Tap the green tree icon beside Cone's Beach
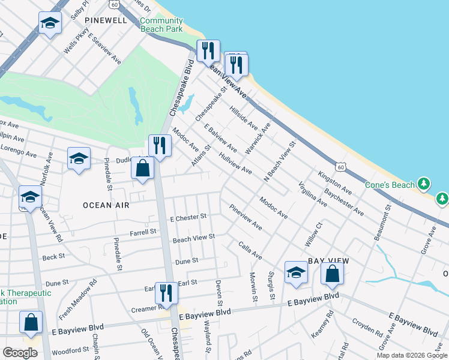pyautogui.click(x=424, y=183)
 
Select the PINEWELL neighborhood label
pyautogui.click(x=106, y=20)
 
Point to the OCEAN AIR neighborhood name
pyautogui.click(x=106, y=205)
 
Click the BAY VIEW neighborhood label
pyautogui.click(x=328, y=261)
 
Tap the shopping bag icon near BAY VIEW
pyautogui.click(x=332, y=274)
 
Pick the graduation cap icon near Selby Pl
pyautogui.click(x=50, y=24)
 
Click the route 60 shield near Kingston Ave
pyautogui.click(x=340, y=164)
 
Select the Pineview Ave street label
pyautogui.click(x=246, y=217)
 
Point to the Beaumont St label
pyautogui.click(x=383, y=222)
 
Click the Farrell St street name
pyautogui.click(x=143, y=231)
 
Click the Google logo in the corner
pyautogui.click(x=20, y=353)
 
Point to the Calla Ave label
pyautogui.click(x=250, y=251)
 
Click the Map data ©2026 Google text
pyautogui.click(x=411, y=355)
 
